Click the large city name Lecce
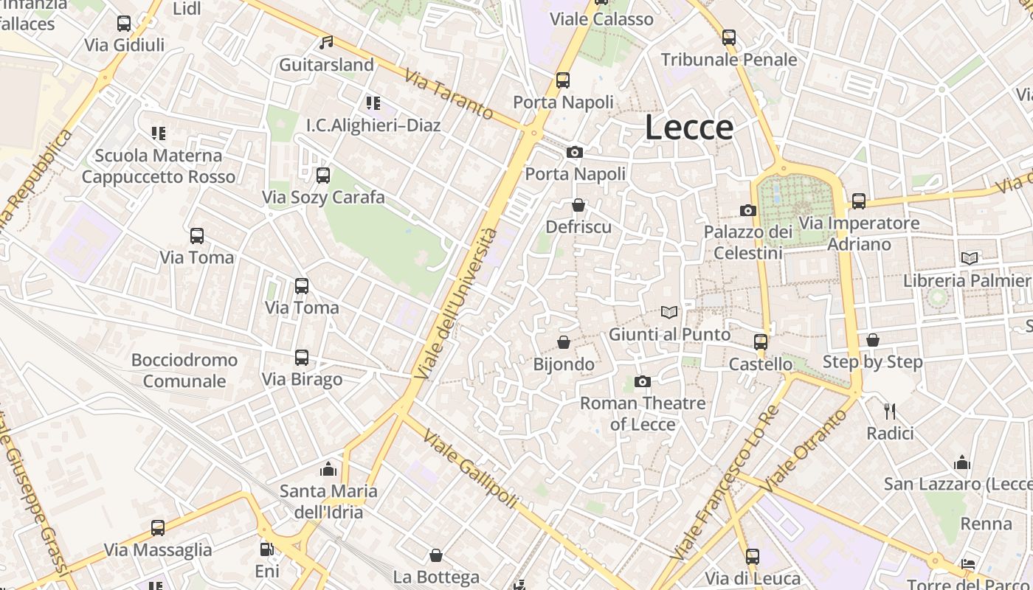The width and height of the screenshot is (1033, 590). click(x=689, y=128)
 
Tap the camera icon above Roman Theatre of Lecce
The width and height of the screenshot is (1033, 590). click(x=643, y=381)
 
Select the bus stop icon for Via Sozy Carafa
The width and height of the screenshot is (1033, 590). click(x=323, y=176)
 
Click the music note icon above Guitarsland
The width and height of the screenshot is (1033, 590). click(x=326, y=43)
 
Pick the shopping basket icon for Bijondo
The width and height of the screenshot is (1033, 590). click(x=564, y=342)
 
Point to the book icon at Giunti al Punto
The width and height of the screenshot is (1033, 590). click(x=669, y=313)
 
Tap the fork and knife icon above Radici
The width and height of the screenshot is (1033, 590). click(x=890, y=411)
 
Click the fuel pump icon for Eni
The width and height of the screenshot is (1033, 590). click(x=266, y=549)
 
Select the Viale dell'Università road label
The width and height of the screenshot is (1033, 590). click(x=456, y=303)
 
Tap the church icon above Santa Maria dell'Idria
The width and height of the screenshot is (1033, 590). click(x=328, y=469)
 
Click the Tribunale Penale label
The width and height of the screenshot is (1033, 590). click(x=729, y=60)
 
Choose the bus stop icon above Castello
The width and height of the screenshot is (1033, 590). click(x=761, y=342)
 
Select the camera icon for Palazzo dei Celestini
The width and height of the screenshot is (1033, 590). click(x=748, y=211)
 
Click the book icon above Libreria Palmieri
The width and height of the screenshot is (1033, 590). click(x=970, y=258)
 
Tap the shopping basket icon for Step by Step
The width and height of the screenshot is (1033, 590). click(x=873, y=340)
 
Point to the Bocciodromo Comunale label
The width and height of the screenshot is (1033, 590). click(x=184, y=370)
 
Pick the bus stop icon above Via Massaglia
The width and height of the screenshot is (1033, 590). click(x=158, y=528)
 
